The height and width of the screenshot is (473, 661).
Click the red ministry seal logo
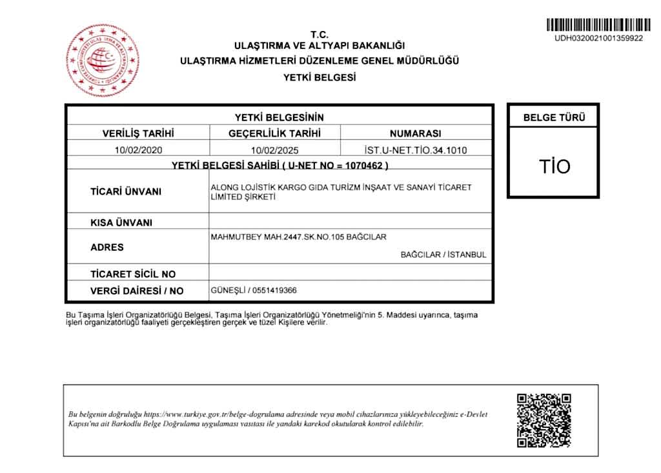103,60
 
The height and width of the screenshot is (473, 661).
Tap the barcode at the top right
598,25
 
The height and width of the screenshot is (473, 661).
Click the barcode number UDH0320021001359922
598,38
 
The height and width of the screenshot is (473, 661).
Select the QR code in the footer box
544,421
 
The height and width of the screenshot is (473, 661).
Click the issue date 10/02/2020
138,150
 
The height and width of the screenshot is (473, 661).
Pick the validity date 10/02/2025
274,150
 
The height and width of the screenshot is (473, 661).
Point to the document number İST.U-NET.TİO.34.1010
415,150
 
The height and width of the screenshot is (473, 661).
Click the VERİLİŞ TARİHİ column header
138,134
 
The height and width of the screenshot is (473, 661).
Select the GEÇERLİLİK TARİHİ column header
274,134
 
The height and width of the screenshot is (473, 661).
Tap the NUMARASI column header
415,134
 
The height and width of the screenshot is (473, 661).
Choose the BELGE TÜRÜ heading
554,118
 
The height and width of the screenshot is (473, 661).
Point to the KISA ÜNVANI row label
121,223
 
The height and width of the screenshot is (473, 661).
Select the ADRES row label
107,247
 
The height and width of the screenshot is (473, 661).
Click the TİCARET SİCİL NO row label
132,274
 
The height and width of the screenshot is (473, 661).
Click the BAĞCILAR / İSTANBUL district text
443,255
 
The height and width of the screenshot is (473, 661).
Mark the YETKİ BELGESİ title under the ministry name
320,77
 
